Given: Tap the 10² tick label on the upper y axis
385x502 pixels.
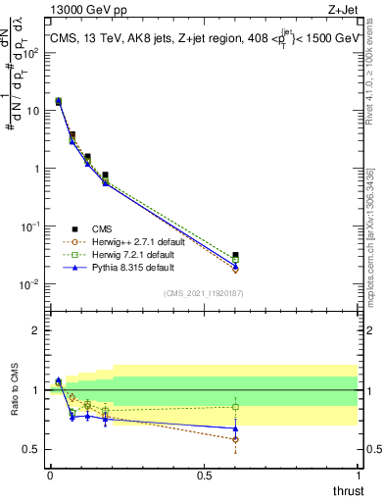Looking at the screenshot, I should point(31,53).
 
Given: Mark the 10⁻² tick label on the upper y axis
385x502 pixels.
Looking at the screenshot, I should point(31,284).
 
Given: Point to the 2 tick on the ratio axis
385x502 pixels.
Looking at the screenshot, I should point(37,330).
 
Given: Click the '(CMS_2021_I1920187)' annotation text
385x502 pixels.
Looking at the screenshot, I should point(202,292).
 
